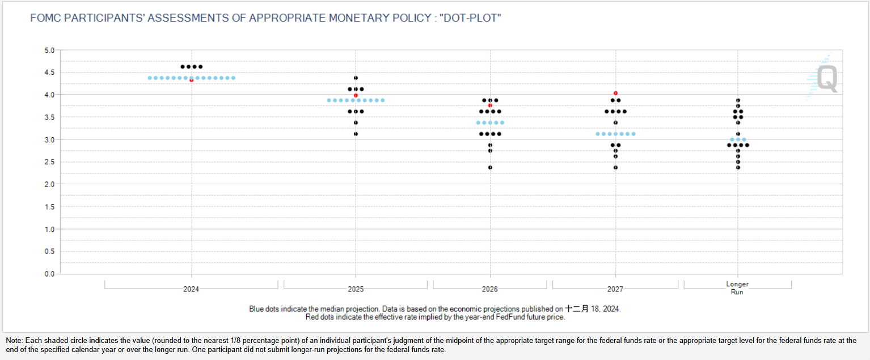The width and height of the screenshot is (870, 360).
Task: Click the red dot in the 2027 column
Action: click(x=615, y=93)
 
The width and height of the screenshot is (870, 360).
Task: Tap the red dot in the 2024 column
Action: click(x=192, y=81)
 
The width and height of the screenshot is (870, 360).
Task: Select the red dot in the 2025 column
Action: click(x=356, y=96)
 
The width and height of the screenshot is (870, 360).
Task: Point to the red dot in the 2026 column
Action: click(x=490, y=105)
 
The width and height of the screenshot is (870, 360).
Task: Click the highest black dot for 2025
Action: click(x=356, y=78)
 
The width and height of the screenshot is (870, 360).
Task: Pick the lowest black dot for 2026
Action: click(x=490, y=168)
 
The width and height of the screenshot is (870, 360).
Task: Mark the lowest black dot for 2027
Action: click(x=615, y=168)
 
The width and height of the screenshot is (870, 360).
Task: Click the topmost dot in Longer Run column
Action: click(x=738, y=100)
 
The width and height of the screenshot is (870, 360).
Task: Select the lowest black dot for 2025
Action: click(x=356, y=134)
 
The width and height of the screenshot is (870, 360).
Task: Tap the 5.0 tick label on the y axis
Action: click(x=50, y=50)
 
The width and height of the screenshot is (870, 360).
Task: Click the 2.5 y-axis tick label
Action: click(x=50, y=162)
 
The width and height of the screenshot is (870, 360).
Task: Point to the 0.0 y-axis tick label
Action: click(x=50, y=274)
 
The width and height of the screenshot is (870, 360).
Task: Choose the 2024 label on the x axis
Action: click(x=191, y=289)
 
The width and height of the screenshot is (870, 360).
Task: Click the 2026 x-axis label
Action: click(x=490, y=289)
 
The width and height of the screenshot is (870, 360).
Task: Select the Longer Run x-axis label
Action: click(x=737, y=288)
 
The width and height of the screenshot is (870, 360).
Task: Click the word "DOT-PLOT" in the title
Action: click(x=470, y=18)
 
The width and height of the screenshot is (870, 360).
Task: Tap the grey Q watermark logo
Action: click(x=827, y=78)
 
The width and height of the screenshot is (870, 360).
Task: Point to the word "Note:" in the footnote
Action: click(x=14, y=341)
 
